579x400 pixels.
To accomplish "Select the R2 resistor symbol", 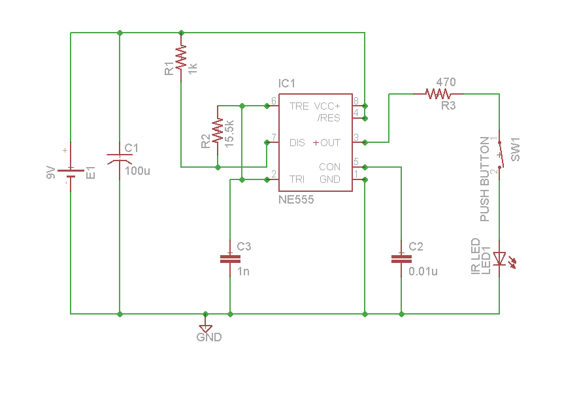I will point(218,134).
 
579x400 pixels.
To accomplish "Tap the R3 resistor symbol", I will point(438,94).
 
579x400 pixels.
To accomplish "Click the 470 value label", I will point(446,82).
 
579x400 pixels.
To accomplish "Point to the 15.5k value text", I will point(229,134).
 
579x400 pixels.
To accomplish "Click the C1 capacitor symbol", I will point(120,159).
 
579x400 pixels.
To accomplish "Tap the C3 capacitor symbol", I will point(230,258).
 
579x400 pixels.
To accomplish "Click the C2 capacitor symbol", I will point(401,258).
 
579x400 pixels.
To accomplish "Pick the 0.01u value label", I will point(423,271).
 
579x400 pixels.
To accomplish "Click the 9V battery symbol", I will point(71,172).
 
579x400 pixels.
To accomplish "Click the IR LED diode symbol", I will point(500,260).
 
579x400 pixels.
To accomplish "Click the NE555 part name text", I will point(296,200).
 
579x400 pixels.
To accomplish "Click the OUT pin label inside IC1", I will point(330,142).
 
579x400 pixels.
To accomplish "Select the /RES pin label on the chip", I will point(329,118).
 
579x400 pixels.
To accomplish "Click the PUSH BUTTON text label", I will point(485,179).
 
